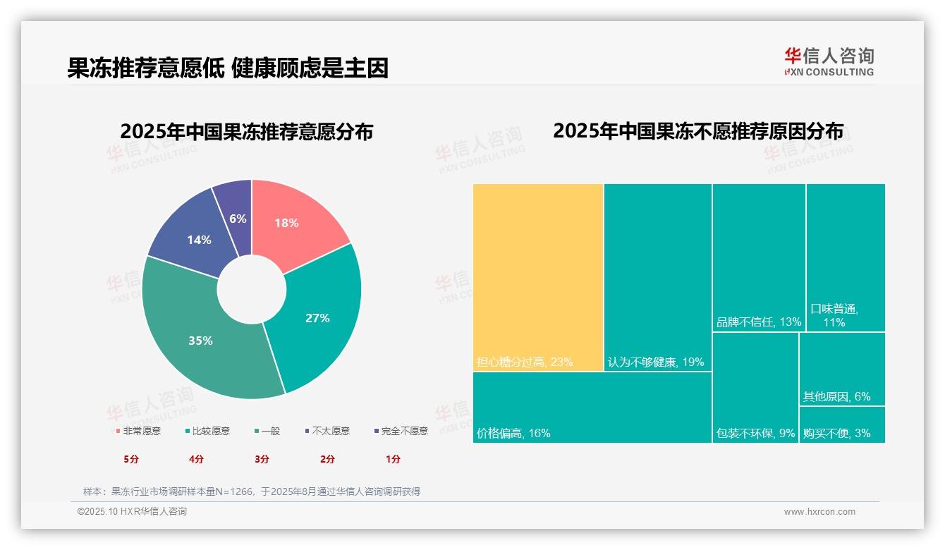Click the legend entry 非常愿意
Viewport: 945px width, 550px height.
[138, 431]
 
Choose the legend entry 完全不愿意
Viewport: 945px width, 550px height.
[401, 431]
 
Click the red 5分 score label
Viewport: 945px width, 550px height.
[131, 459]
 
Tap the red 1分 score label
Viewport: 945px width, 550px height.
[393, 459]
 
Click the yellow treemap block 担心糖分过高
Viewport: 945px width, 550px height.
[538, 275]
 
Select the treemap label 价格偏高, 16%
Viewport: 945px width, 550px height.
[513, 433]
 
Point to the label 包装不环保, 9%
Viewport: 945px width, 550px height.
[755, 433]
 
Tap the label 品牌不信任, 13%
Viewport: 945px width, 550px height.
[759, 322]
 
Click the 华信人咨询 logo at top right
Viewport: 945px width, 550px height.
[829, 61]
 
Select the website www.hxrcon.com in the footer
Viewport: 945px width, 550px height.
[819, 512]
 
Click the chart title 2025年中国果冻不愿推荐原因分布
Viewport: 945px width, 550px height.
[697, 131]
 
